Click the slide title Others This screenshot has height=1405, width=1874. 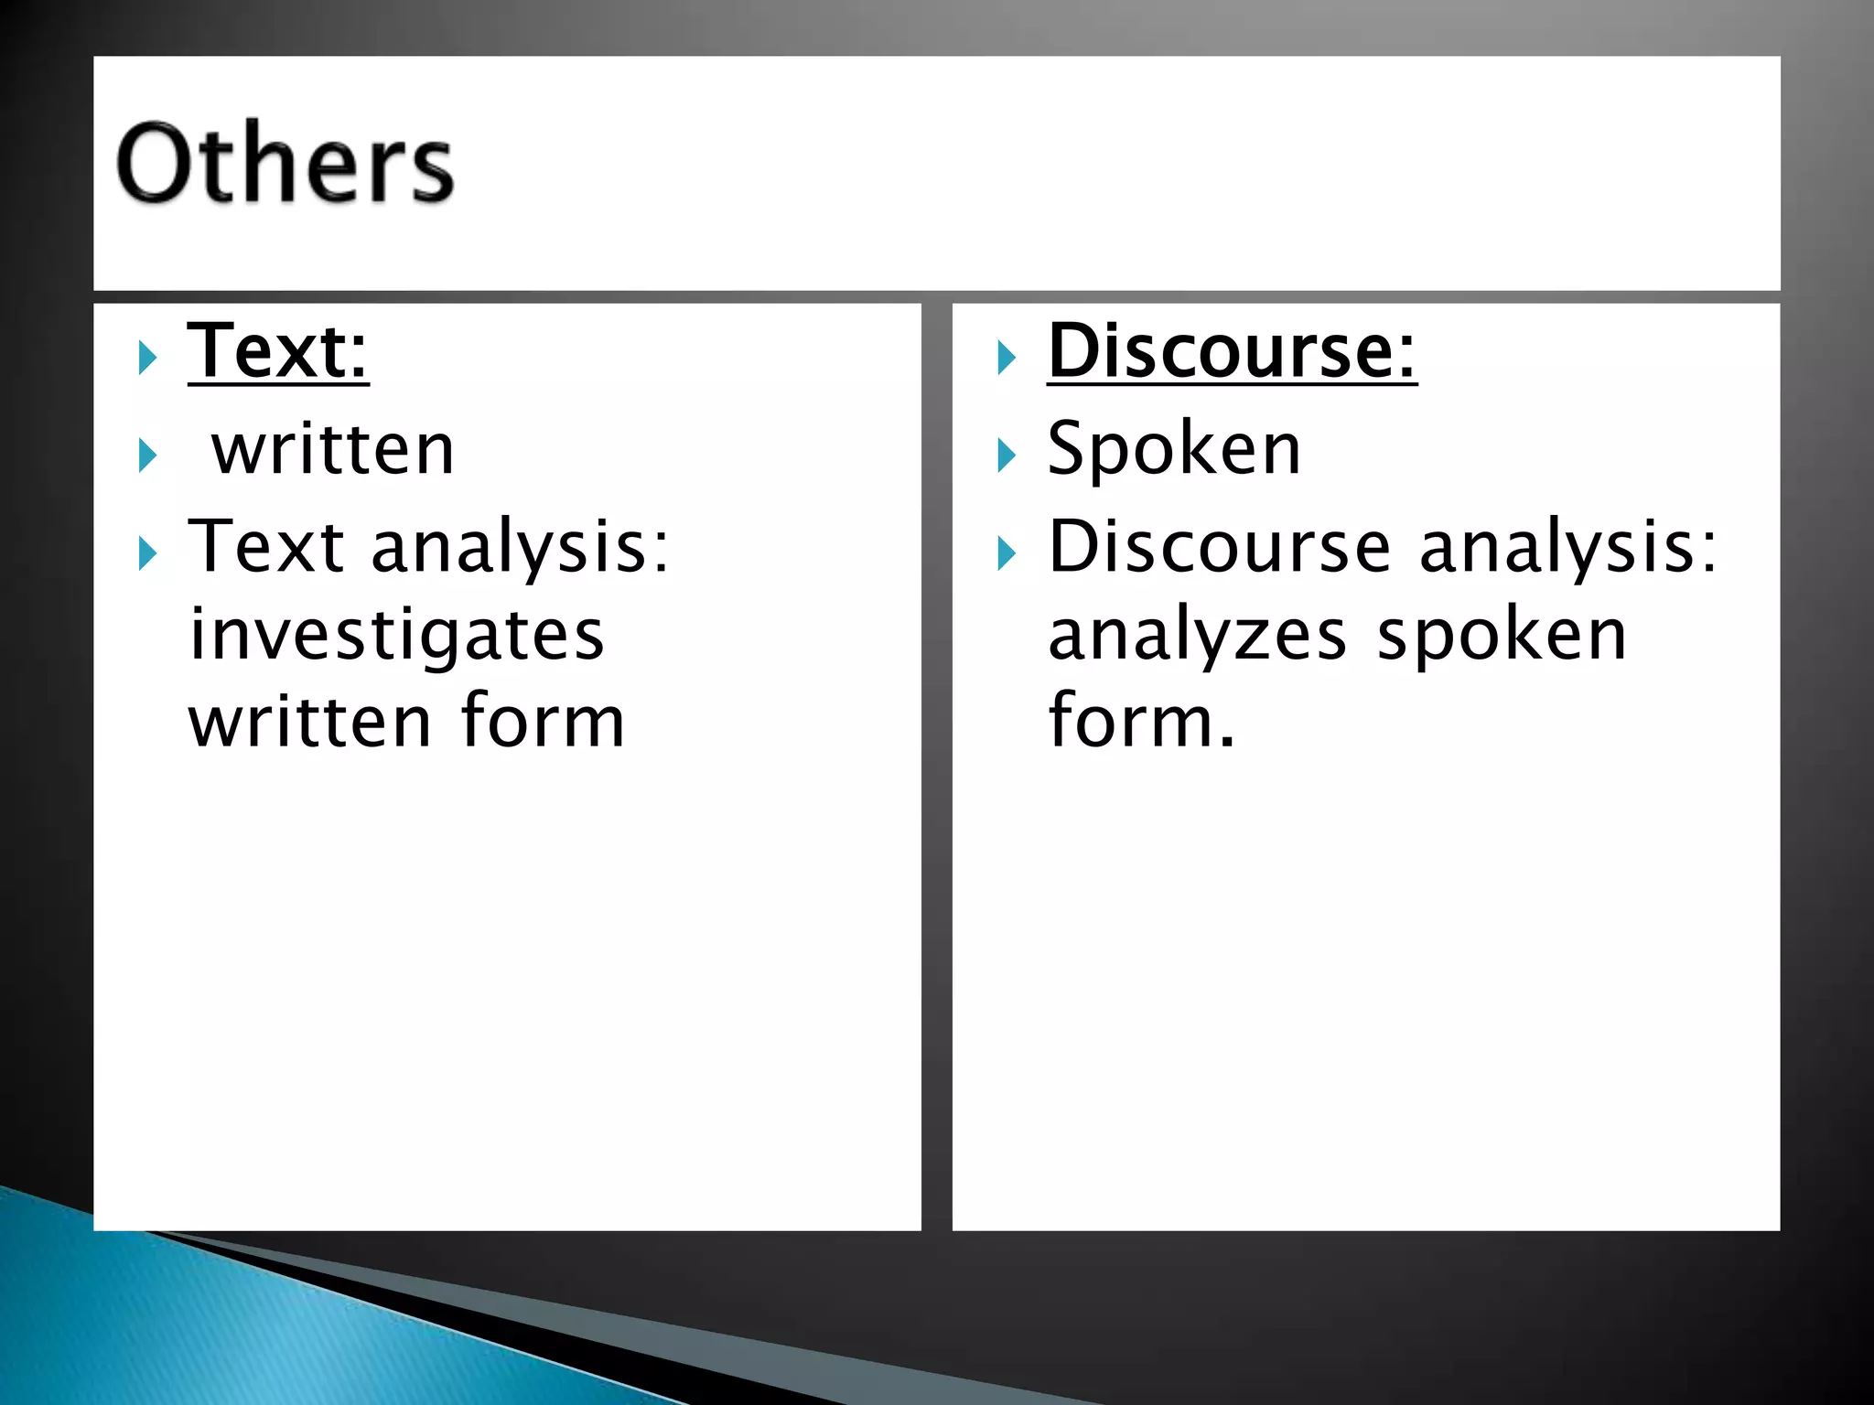285,165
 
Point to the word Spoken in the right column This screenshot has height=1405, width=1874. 1174,449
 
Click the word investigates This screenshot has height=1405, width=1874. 396,635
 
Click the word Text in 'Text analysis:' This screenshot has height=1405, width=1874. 266,546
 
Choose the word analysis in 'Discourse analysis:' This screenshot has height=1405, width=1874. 1568,548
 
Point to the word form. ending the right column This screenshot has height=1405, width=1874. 1141,721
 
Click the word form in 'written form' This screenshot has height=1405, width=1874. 543,721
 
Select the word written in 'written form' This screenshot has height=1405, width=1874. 309,722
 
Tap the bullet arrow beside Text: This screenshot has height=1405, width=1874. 147,358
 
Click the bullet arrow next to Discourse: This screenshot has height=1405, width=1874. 1007,358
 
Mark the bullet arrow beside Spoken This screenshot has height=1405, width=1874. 1007,455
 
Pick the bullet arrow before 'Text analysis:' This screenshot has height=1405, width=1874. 147,553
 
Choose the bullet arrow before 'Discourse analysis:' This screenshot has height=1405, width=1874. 1007,553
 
